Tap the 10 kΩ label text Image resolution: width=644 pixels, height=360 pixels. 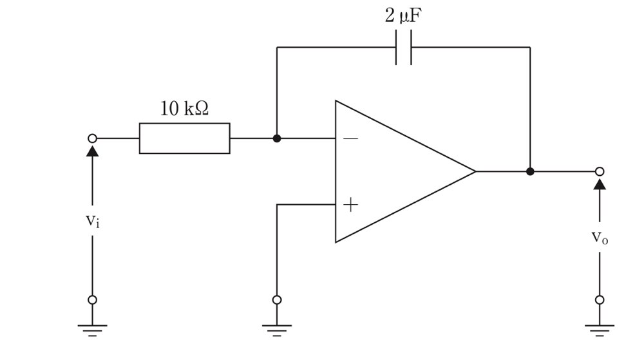(184, 108)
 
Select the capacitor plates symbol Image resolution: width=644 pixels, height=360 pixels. (403, 47)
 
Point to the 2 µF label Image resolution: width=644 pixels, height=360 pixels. (403, 15)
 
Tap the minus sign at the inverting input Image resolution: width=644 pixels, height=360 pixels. (350, 138)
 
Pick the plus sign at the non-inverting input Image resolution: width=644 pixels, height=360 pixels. (350, 204)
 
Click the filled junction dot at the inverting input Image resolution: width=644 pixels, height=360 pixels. (277, 138)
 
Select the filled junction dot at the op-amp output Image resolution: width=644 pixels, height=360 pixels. (530, 171)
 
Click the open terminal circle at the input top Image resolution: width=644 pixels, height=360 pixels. (92, 138)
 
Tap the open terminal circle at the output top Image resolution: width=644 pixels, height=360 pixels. (600, 171)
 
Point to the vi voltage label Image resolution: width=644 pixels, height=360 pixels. (92, 221)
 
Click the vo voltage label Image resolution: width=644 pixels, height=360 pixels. (600, 237)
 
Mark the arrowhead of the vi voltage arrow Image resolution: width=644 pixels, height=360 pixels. (92, 150)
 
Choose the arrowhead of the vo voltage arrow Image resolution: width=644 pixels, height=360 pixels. (600, 183)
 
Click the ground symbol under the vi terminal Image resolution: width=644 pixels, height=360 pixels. (92, 330)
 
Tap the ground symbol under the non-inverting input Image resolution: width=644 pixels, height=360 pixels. (277, 330)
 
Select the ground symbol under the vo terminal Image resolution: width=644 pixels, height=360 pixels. (600, 330)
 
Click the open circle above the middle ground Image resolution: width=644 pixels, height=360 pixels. (277, 299)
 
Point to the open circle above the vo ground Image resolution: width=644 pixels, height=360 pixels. (600, 299)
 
